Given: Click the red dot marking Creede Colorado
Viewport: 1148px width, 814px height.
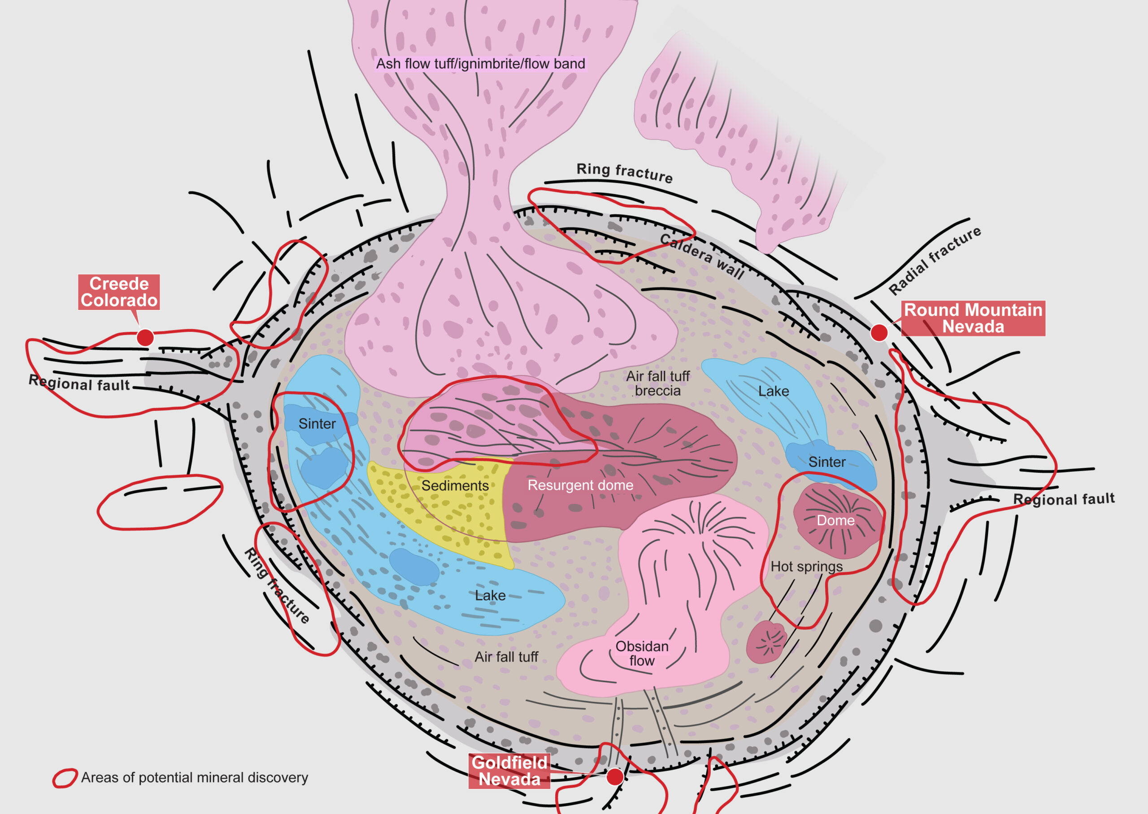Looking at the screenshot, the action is (x=145, y=337).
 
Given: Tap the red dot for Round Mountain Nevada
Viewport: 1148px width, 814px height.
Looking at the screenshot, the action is (x=879, y=332).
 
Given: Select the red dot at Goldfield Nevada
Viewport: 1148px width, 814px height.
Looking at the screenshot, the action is (x=615, y=776).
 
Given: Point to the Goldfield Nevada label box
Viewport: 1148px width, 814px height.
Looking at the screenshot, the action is (x=509, y=771).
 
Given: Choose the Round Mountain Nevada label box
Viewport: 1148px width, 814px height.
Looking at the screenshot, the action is (x=973, y=318).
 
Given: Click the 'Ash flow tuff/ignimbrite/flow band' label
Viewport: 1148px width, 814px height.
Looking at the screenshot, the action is (x=481, y=64).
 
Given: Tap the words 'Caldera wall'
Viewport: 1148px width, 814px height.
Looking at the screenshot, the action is (x=702, y=256).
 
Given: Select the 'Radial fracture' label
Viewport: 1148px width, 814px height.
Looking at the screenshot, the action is (x=935, y=261).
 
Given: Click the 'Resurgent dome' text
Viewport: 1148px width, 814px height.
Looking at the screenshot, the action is (x=580, y=485).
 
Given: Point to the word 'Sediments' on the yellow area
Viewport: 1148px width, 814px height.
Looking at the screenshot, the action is (x=455, y=486).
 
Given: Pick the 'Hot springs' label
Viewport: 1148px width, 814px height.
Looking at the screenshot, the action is (x=807, y=566).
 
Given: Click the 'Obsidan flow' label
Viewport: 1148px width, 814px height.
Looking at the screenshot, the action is (x=642, y=653).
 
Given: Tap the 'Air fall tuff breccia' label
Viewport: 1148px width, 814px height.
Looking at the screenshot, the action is (x=658, y=383).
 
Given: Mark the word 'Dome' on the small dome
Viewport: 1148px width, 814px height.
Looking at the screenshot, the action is (x=836, y=520).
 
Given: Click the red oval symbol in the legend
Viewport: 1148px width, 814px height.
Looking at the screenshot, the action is (x=65, y=778).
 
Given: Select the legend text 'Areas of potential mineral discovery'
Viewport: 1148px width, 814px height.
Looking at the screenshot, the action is (x=195, y=777).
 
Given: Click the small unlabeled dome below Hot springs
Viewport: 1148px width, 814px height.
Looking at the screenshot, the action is (x=766, y=642).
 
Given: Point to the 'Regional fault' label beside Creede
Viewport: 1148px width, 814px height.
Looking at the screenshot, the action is (x=79, y=383).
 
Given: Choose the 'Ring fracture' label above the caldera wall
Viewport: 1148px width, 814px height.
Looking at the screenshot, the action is (x=624, y=173).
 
